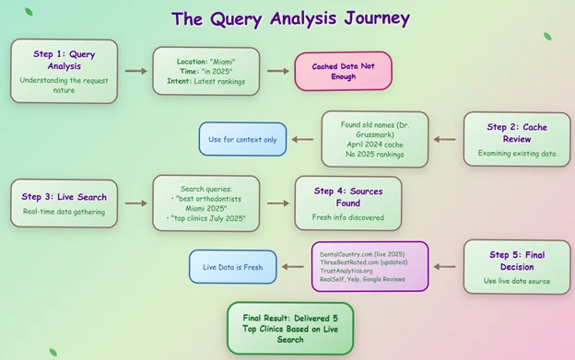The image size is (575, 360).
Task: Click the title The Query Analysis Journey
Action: pyautogui.click(x=290, y=18)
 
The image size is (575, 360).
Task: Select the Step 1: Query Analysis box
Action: pyautogui.click(x=64, y=70)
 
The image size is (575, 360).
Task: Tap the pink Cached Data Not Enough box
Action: pyautogui.click(x=343, y=71)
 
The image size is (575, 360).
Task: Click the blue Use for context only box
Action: pyautogui.click(x=242, y=139)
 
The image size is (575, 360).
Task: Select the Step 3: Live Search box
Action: pyautogui.click(x=64, y=203)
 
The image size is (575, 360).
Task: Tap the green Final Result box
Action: pyautogui.click(x=290, y=328)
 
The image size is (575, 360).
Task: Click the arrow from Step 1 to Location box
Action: pyautogui.click(x=135, y=71)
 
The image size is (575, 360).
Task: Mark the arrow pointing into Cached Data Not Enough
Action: pyautogui.click(x=277, y=71)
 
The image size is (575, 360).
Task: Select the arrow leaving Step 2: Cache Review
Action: pyautogui.click(x=445, y=140)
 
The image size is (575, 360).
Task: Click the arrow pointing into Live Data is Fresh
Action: pyautogui.click(x=294, y=267)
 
